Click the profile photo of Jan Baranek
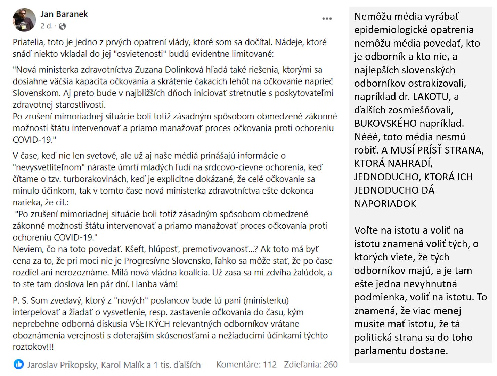click(24, 20)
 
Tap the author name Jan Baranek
click(64, 14)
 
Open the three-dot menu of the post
click(327, 19)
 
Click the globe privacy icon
click(62, 26)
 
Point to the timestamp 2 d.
click(46, 26)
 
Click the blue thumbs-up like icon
click(18, 364)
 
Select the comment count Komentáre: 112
click(246, 365)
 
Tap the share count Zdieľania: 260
click(311, 365)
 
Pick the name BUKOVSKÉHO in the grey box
click(385, 123)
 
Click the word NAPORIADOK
click(385, 204)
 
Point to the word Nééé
click(366, 137)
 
